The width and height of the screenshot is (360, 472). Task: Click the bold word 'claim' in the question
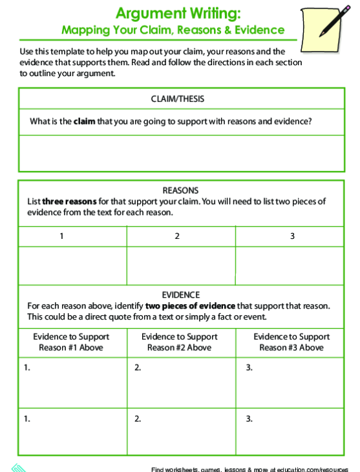click(x=84, y=121)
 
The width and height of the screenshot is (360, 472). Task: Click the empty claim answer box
click(x=180, y=153)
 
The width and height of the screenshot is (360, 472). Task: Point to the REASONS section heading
click(x=180, y=190)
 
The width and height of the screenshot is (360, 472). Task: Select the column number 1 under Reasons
click(x=62, y=236)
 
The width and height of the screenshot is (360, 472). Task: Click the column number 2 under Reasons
click(x=176, y=236)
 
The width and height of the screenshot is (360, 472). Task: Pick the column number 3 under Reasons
click(x=292, y=236)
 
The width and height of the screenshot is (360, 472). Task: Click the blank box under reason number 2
click(x=180, y=265)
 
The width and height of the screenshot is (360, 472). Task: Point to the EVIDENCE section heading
click(x=180, y=294)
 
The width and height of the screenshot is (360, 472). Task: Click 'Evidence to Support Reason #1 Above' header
click(x=71, y=342)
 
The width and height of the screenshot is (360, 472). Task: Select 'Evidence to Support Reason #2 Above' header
click(x=179, y=342)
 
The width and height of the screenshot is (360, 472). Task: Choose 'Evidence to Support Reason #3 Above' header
click(x=291, y=342)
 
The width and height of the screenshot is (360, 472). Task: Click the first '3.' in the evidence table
click(x=249, y=368)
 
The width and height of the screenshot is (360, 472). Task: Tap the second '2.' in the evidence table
click(x=138, y=419)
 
